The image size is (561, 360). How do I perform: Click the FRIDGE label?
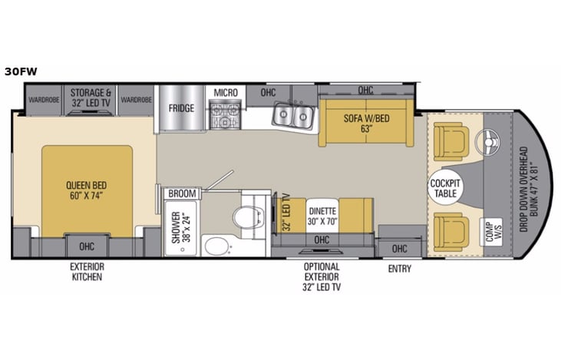pyautogui.click(x=181, y=108)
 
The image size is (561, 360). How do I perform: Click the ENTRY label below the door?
pyautogui.click(x=400, y=269)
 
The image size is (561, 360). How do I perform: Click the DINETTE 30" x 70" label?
pyautogui.click(x=322, y=216)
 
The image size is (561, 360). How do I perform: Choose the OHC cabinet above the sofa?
pyautogui.click(x=365, y=91)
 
